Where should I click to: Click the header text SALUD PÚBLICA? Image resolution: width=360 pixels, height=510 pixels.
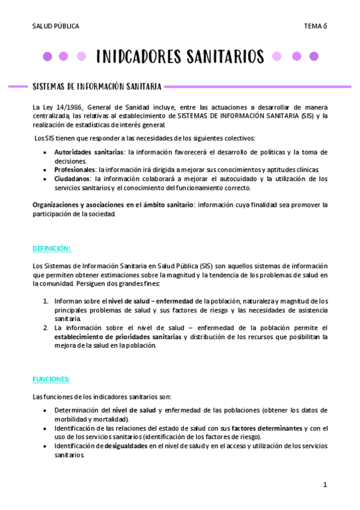(x=55, y=26)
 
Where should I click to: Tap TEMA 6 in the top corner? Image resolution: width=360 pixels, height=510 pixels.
(x=315, y=26)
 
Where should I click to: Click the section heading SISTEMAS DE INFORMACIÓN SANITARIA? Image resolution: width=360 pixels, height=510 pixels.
(x=96, y=87)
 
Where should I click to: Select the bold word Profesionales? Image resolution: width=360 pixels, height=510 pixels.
(x=75, y=170)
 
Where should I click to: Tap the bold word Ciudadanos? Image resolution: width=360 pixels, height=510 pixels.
(x=73, y=179)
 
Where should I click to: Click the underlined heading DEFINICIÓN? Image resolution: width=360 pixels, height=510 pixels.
(x=52, y=248)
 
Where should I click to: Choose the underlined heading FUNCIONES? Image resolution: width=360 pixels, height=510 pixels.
(x=51, y=379)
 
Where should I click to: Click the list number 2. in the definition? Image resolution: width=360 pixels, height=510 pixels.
(x=46, y=328)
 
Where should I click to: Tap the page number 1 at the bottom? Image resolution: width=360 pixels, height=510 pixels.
(x=325, y=485)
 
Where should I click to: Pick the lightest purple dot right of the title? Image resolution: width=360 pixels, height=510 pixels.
(x=276, y=57)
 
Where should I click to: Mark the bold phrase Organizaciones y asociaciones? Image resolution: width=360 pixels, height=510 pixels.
(x=78, y=204)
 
